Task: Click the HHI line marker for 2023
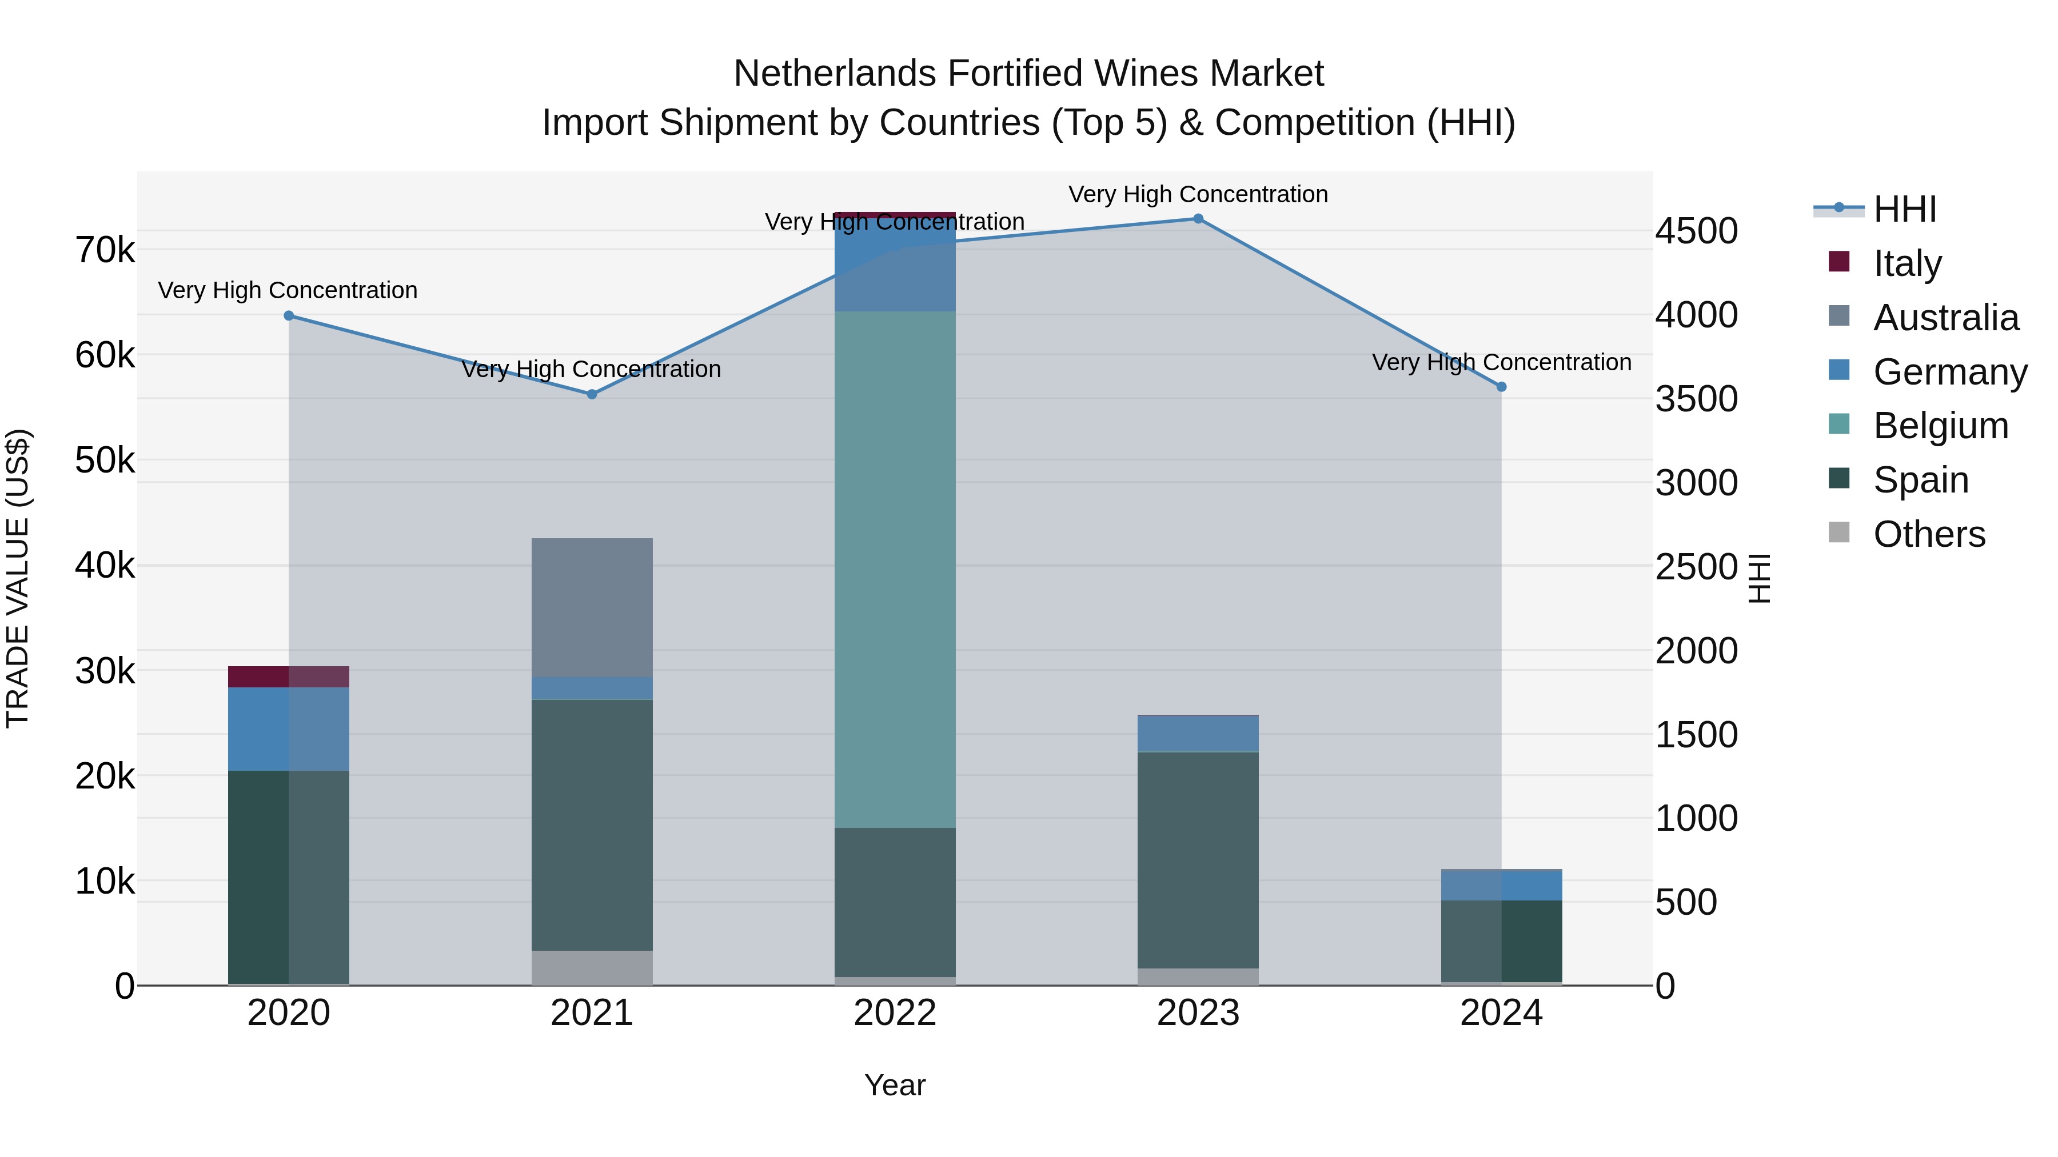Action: coord(1198,219)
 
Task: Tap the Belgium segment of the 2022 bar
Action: coord(895,569)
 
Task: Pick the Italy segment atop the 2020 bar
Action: coord(289,676)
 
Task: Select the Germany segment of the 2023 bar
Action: coord(1198,734)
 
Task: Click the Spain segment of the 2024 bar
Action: coord(1501,940)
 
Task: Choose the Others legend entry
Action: coord(1929,534)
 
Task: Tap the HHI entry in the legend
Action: coord(1905,209)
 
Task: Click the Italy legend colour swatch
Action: coord(1839,262)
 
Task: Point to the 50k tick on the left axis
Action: coord(105,461)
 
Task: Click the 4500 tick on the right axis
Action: coord(1696,231)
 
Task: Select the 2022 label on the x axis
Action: coord(895,1013)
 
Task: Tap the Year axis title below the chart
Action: coord(895,1085)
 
